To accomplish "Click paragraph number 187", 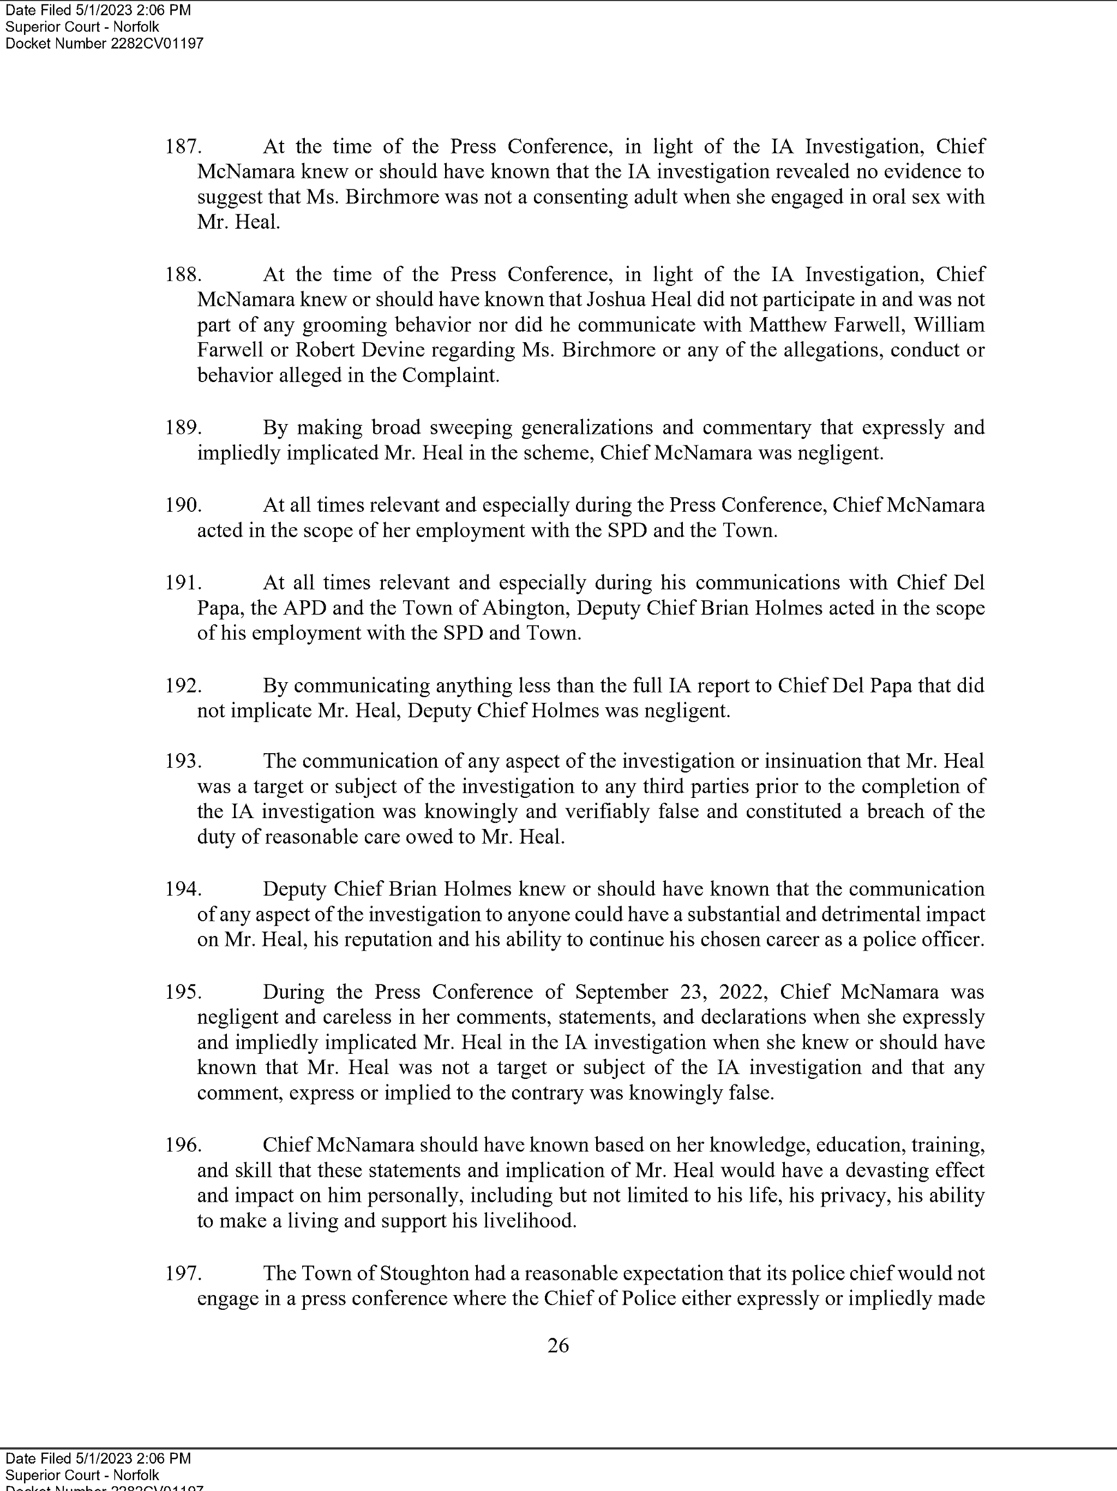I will (183, 147).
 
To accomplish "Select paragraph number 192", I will (183, 685).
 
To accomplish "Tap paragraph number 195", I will (183, 992).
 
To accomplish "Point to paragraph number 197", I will (183, 1273).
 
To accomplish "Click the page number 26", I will (558, 1345).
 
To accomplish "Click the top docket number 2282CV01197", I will (157, 44).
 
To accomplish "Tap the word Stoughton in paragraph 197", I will (424, 1273).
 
